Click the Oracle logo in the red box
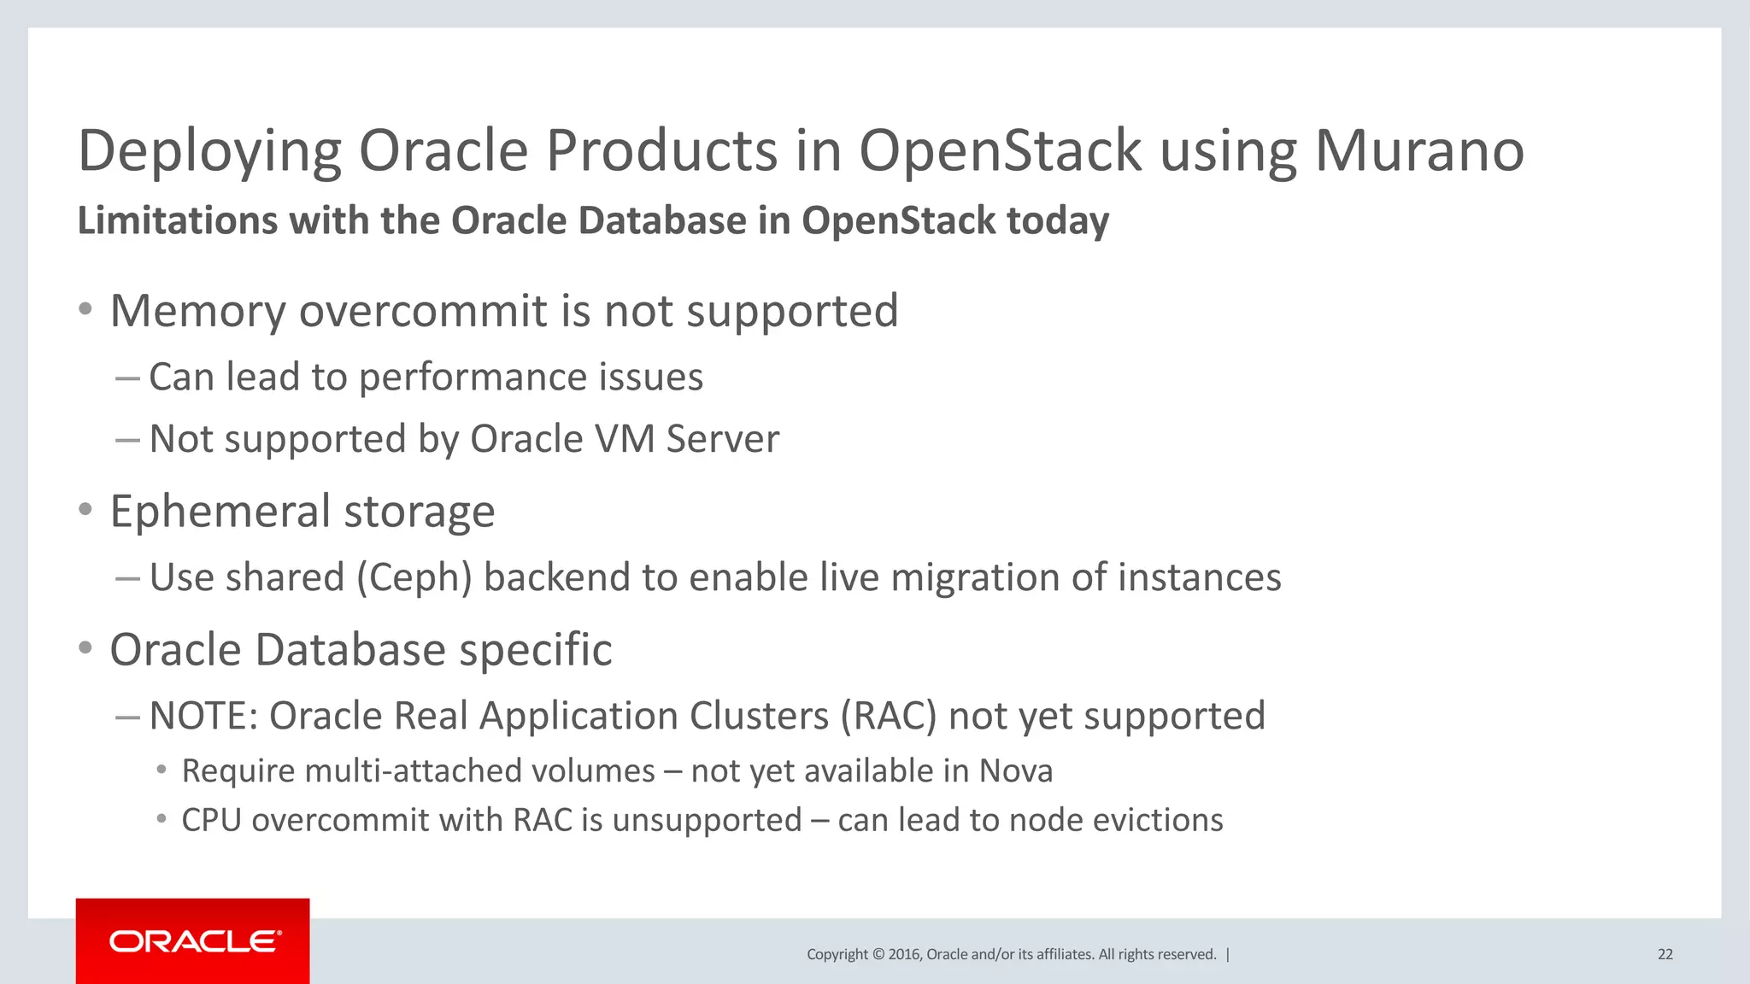point(195,941)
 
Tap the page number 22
point(1665,954)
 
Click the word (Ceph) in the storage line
point(414,577)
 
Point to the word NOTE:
point(203,716)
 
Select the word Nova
point(1016,771)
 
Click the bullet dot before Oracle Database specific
point(85,648)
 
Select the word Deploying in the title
point(209,152)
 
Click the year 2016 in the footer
point(904,954)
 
